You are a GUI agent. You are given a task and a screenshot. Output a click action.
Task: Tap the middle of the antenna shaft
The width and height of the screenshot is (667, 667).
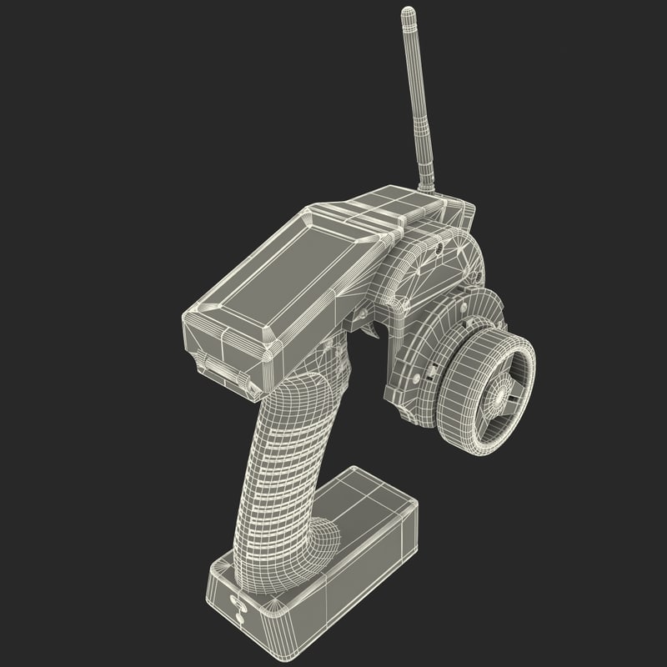419,100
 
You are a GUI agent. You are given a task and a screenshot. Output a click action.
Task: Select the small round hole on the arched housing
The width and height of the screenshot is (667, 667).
434,248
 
